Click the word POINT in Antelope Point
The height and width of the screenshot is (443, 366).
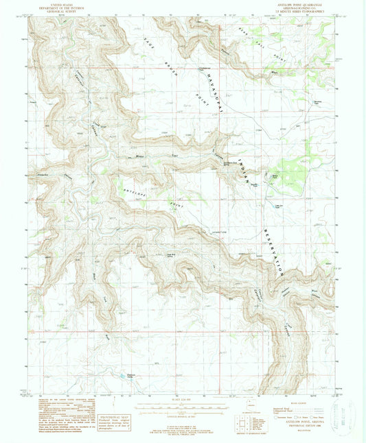pyautogui.click(x=172, y=206)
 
